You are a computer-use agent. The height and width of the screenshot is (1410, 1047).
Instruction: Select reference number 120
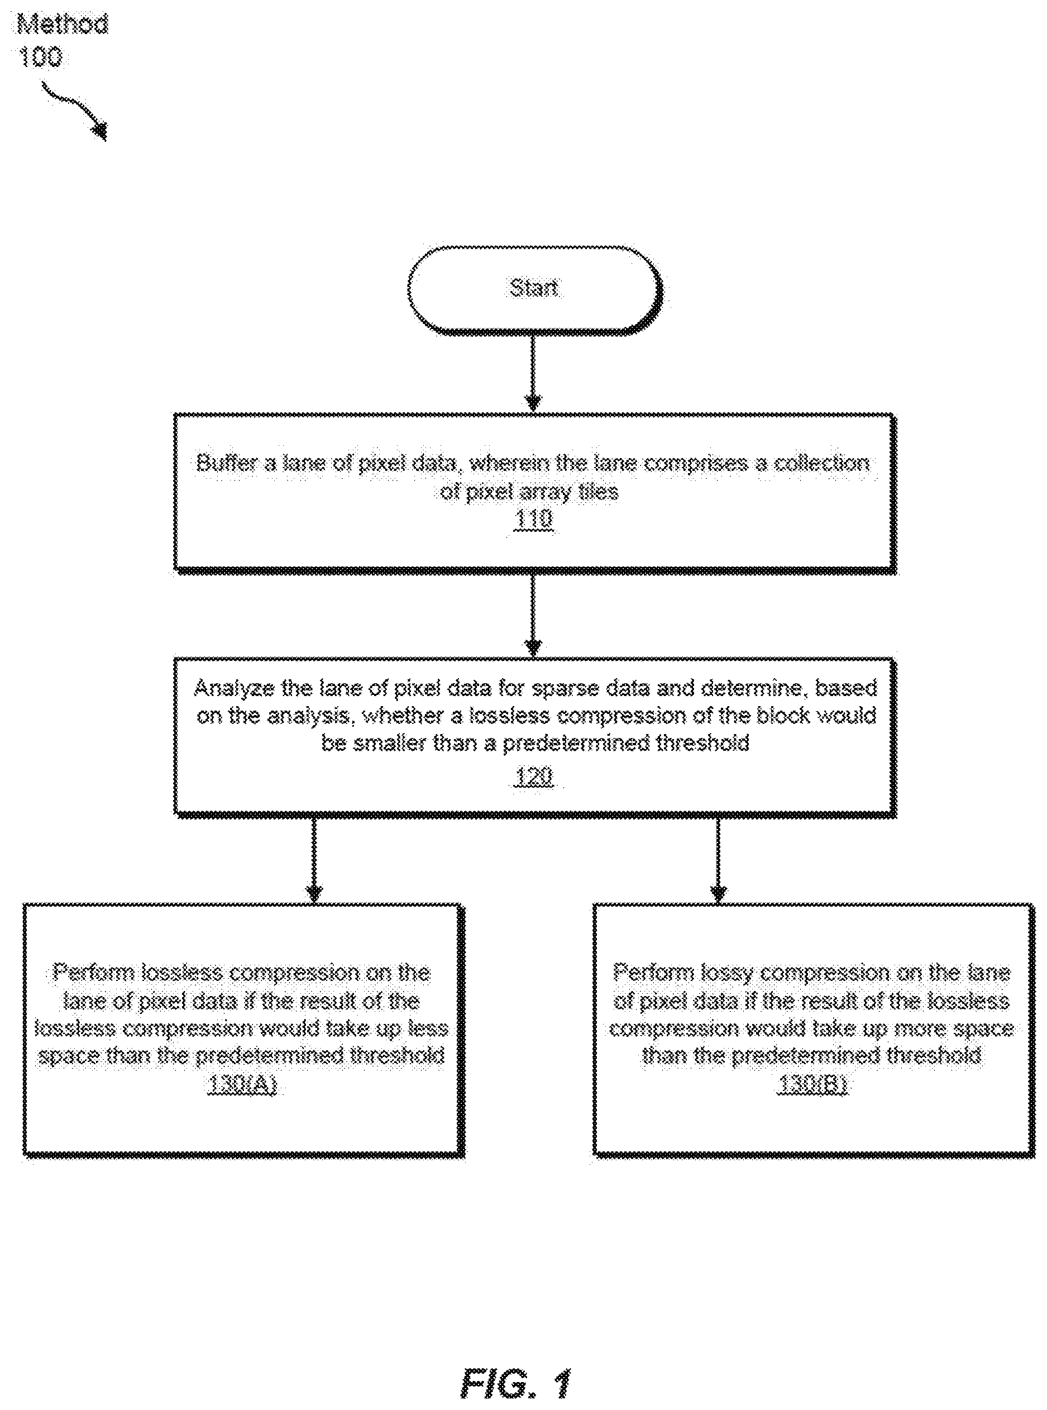(x=533, y=776)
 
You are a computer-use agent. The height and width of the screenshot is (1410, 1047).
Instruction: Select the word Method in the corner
(x=63, y=25)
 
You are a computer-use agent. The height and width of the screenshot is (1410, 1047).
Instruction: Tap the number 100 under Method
(x=41, y=58)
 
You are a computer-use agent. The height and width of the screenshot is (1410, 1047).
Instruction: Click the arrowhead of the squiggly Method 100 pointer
(x=100, y=131)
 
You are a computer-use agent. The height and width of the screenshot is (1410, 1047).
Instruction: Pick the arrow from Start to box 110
(x=533, y=373)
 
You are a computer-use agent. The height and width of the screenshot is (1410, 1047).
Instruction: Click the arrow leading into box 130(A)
(x=314, y=860)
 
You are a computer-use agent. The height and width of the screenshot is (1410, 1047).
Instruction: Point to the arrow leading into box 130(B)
(x=718, y=860)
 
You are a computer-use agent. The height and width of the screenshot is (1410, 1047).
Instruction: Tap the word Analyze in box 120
(x=230, y=688)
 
